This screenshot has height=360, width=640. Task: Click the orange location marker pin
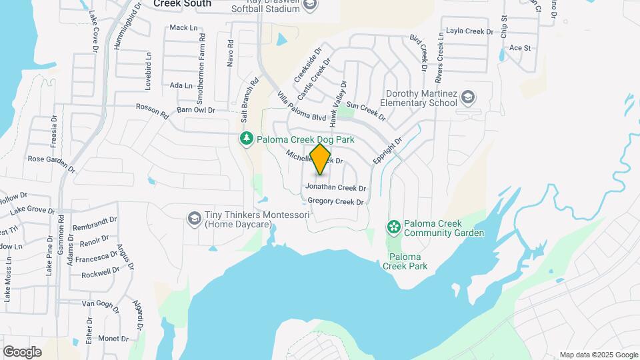coord(321,159)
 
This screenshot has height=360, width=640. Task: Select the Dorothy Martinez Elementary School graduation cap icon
coord(468,98)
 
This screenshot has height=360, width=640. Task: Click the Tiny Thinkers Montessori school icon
coord(194,219)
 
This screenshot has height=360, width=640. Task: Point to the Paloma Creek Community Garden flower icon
coord(394,227)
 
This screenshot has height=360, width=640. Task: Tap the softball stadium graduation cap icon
coord(309,5)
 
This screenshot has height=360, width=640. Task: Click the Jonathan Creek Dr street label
coord(336,189)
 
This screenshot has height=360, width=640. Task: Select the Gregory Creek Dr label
coord(335,201)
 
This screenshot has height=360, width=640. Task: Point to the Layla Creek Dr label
coord(469,31)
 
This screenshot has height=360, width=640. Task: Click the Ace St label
coord(519,48)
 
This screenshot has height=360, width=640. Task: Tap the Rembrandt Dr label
coord(95,222)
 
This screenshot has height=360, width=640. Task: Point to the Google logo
coord(22,352)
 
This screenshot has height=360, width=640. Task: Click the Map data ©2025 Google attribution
coord(599,355)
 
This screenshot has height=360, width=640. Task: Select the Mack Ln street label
coord(184,27)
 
